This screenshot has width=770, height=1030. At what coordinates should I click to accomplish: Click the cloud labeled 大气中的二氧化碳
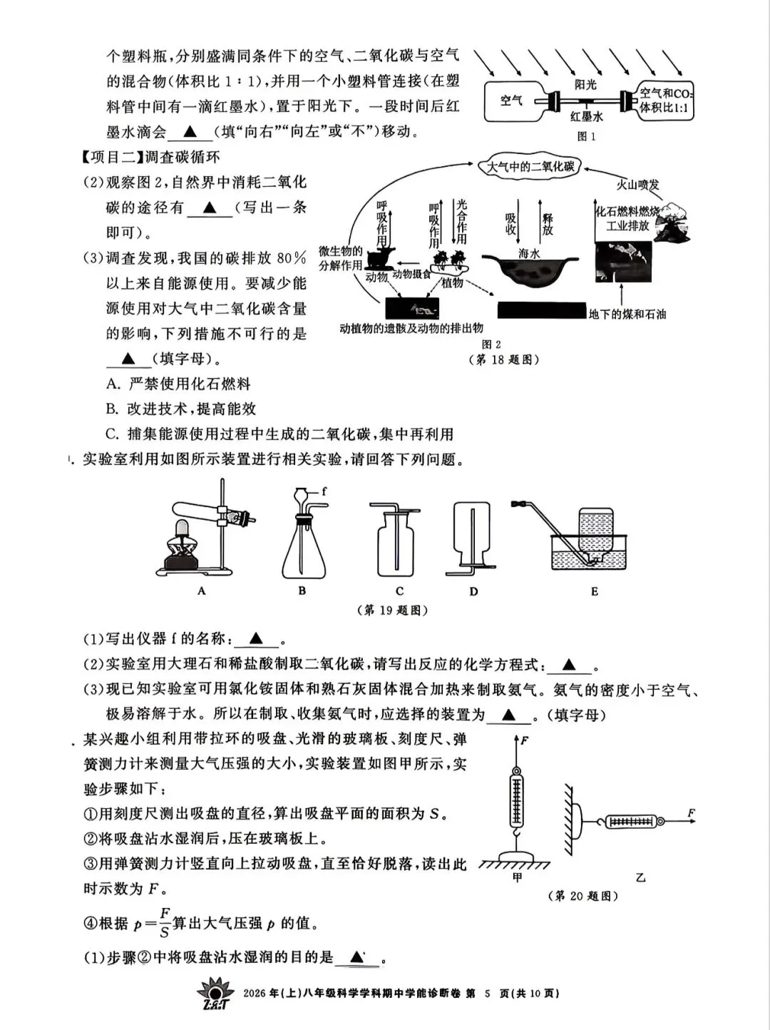click(530, 167)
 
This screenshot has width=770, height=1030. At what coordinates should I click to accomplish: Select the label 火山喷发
click(637, 185)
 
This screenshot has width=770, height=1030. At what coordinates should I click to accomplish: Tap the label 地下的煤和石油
click(627, 315)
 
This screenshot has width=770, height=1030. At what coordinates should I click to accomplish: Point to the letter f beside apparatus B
click(324, 491)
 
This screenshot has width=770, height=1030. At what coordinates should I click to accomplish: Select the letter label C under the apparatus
click(399, 591)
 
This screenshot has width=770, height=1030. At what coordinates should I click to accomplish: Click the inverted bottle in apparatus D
click(472, 531)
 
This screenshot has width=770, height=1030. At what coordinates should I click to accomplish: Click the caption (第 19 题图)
click(391, 611)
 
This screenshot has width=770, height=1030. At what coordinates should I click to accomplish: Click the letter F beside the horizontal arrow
click(691, 813)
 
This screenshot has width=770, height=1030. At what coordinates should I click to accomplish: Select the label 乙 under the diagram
click(640, 878)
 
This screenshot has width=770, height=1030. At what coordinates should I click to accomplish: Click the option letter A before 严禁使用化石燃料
click(112, 384)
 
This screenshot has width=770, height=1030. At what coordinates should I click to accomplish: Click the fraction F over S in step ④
click(165, 922)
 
